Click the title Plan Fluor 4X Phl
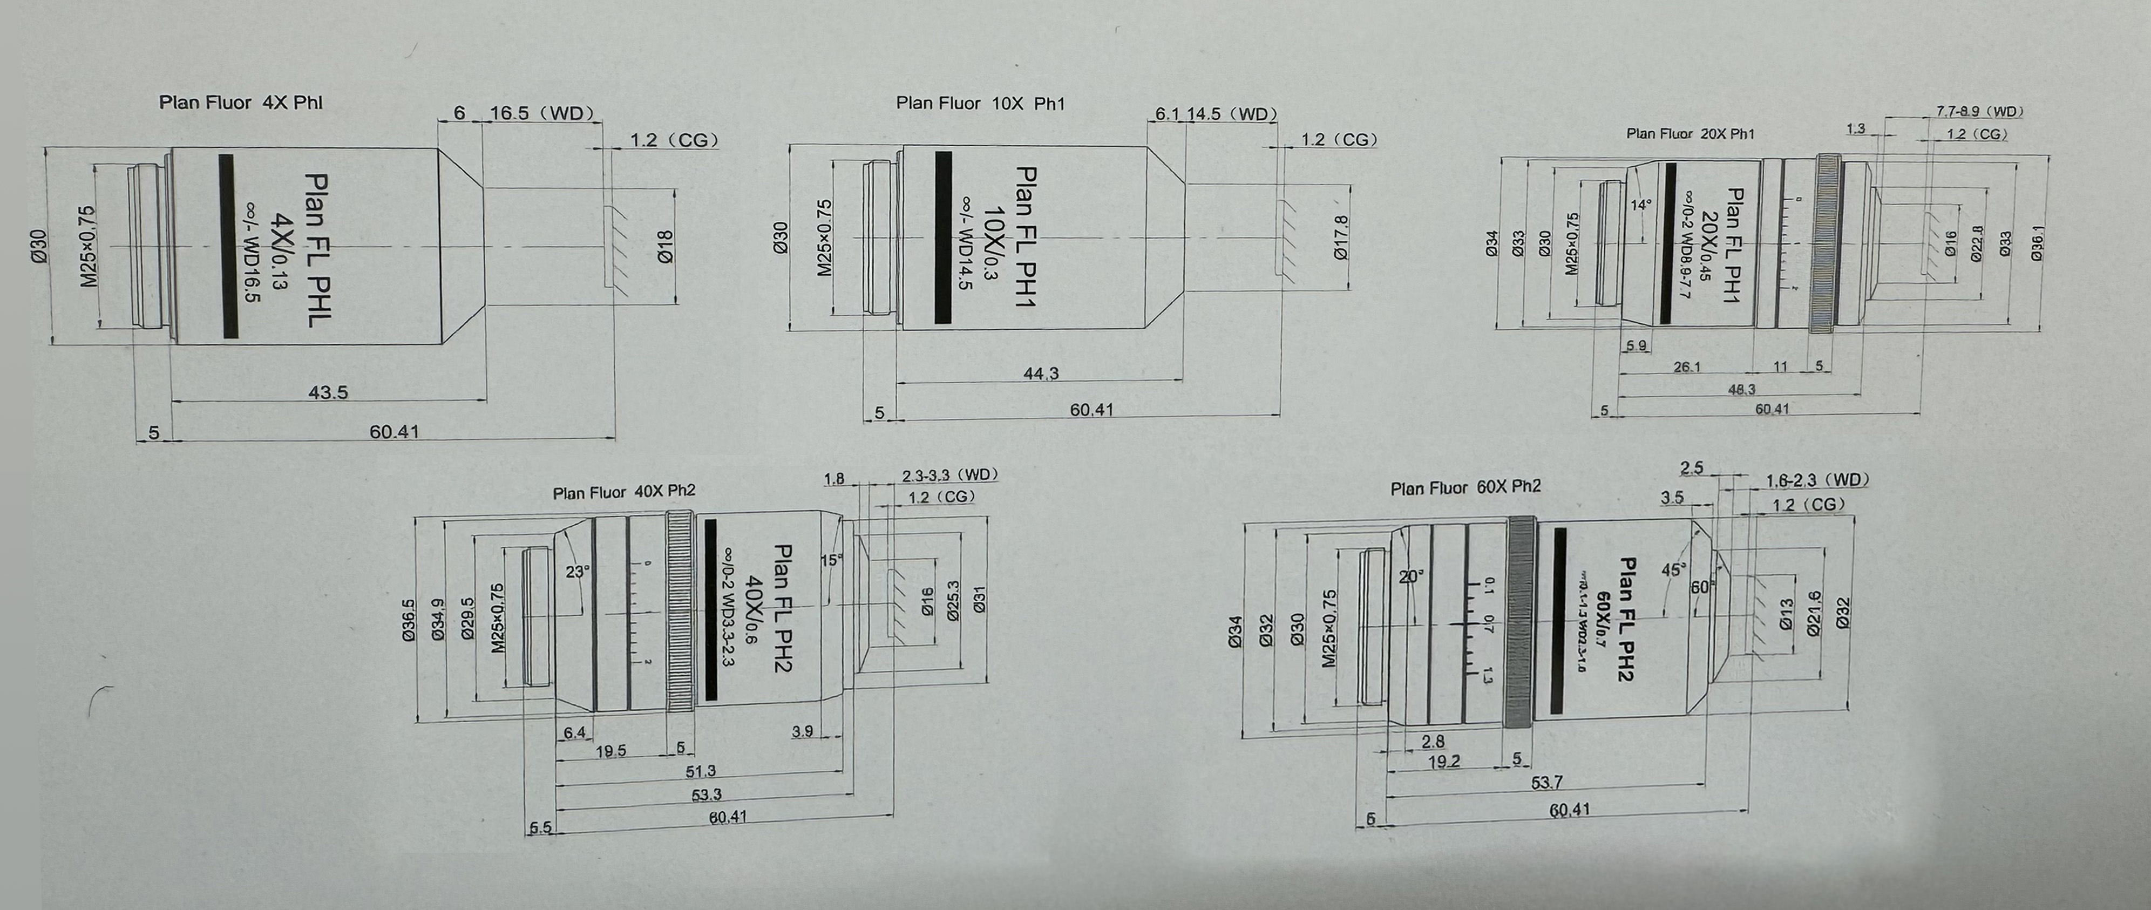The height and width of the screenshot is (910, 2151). (241, 103)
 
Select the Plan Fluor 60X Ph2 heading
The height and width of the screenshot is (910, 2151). (1465, 487)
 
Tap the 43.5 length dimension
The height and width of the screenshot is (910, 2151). (328, 391)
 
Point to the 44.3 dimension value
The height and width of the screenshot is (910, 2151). (1041, 373)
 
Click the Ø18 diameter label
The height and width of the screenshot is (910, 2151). (666, 247)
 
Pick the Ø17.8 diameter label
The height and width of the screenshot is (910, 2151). (1341, 238)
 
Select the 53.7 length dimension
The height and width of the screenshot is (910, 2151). (1546, 783)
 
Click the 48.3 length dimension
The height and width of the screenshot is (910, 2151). (1741, 389)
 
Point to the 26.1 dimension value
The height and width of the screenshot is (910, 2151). (1687, 366)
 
